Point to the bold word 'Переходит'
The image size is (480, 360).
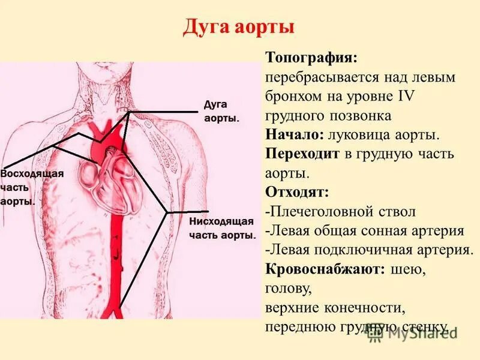pyautogui.click(x=302, y=154)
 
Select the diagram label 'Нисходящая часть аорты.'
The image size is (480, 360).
pyautogui.click(x=223, y=228)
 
